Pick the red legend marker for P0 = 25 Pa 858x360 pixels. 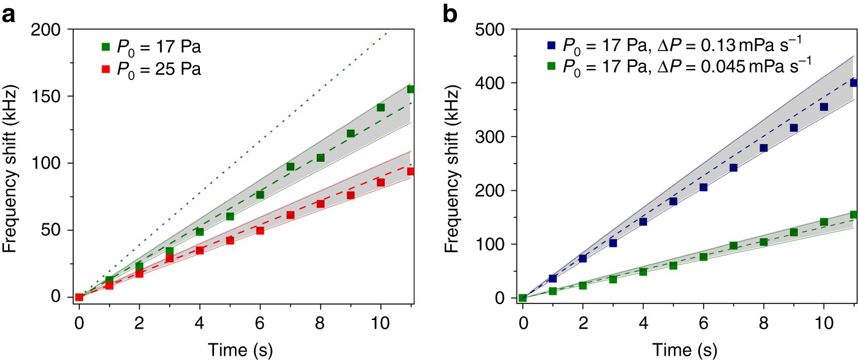point(105,70)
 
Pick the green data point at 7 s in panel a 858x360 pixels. point(290,167)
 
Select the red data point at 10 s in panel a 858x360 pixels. point(381,182)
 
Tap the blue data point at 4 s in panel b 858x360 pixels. point(643,222)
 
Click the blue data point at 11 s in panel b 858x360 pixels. point(854,82)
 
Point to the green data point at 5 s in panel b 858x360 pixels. point(673,266)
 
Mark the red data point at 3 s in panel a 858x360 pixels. point(170,259)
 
